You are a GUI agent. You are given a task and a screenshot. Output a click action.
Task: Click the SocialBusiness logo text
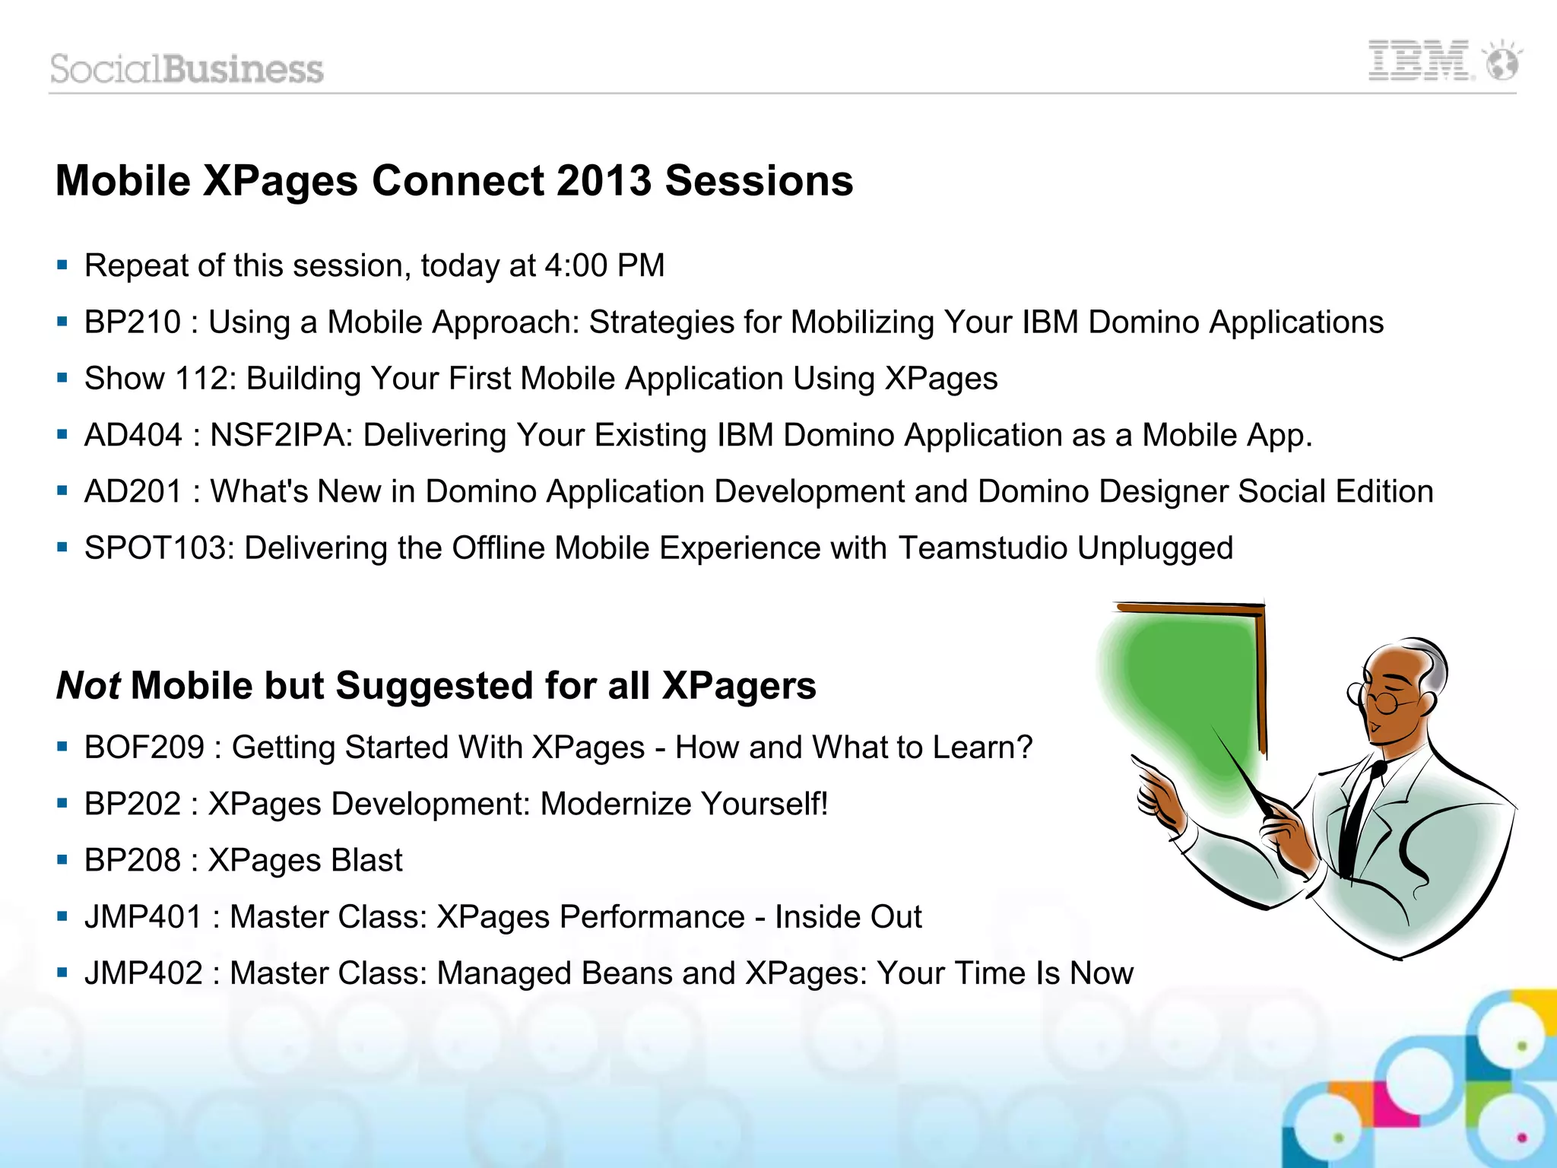pos(187,69)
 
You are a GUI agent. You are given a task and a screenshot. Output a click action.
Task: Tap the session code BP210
pos(132,322)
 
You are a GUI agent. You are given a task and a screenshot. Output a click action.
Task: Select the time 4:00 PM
pos(605,266)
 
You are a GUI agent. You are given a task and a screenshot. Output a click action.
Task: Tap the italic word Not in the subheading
pos(88,686)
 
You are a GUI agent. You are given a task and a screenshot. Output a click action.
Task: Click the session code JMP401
pos(144,917)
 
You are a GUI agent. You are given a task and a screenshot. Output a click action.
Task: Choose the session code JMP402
pos(144,973)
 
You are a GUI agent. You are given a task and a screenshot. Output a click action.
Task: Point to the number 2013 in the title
pos(604,181)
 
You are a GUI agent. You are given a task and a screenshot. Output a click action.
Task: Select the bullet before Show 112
pos(62,378)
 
